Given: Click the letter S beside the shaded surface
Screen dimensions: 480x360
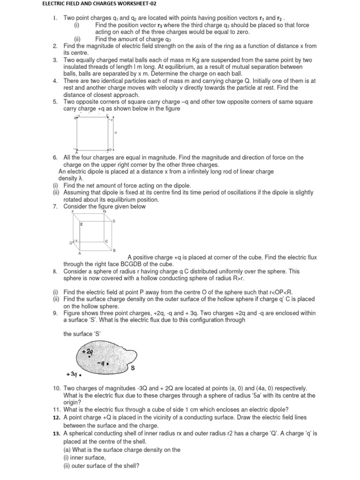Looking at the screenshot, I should [133, 368].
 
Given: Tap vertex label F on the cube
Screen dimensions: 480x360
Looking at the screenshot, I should [73, 212].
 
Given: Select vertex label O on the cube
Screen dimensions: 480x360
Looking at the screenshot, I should [71, 242].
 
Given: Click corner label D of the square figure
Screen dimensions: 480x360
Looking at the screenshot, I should [111, 150].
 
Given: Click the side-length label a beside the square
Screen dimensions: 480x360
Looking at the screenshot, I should [115, 133].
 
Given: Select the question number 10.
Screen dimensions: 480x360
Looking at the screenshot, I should [55, 388].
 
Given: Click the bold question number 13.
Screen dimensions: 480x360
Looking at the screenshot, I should [56, 434].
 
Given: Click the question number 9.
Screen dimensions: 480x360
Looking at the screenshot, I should [55, 314].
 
